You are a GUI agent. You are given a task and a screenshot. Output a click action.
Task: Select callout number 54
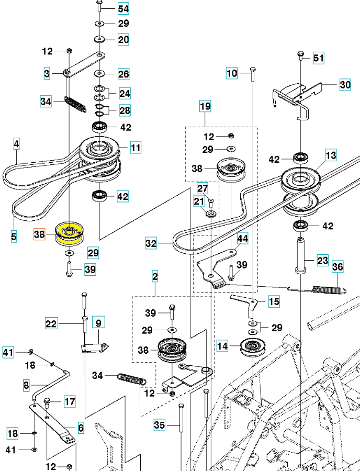123,8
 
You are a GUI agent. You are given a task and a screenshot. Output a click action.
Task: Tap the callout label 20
123,39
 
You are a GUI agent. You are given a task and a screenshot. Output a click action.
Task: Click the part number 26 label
123,74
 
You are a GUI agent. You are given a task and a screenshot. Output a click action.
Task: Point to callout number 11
136,148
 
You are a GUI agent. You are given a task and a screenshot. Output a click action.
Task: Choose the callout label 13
331,155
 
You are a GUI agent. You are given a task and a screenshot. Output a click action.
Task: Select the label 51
319,58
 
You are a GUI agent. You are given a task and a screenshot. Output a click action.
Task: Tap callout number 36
338,267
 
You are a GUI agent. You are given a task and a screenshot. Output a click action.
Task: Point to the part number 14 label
223,346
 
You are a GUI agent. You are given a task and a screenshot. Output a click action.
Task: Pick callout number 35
160,425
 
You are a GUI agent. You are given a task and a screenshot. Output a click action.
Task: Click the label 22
51,324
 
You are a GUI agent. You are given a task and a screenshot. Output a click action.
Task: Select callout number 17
70,402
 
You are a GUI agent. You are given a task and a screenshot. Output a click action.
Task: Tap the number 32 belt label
151,243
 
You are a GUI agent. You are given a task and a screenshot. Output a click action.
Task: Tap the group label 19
205,107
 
